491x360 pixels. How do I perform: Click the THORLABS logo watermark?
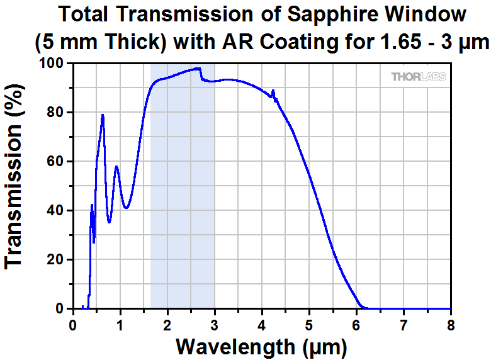coord(419,77)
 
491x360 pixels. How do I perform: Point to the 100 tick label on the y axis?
coord(52,64)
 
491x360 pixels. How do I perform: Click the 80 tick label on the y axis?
coord(55,113)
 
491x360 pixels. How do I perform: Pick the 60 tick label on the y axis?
coord(55,162)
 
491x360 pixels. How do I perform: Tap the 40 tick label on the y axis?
coord(55,211)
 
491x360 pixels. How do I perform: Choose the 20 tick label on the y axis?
coord(55,260)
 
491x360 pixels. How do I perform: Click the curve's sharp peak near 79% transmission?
coord(103,115)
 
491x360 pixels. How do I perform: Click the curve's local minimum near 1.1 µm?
coord(127,208)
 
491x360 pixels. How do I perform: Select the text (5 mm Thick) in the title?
coord(101,43)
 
